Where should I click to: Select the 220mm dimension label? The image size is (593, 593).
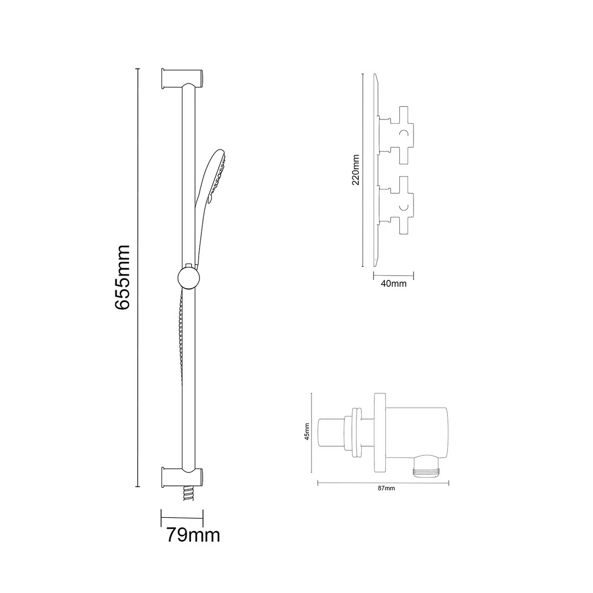[x=356, y=170]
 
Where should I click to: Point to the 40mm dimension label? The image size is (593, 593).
[x=393, y=284]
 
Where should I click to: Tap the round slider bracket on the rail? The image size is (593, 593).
[x=188, y=278]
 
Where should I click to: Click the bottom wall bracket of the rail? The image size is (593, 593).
[x=182, y=477]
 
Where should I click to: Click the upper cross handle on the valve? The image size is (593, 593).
[x=401, y=134]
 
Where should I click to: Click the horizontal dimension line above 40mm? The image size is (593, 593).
[x=393, y=275]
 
